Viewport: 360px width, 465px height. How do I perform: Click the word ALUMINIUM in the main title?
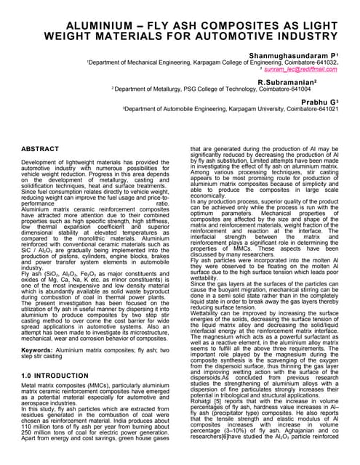pos(66,23)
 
